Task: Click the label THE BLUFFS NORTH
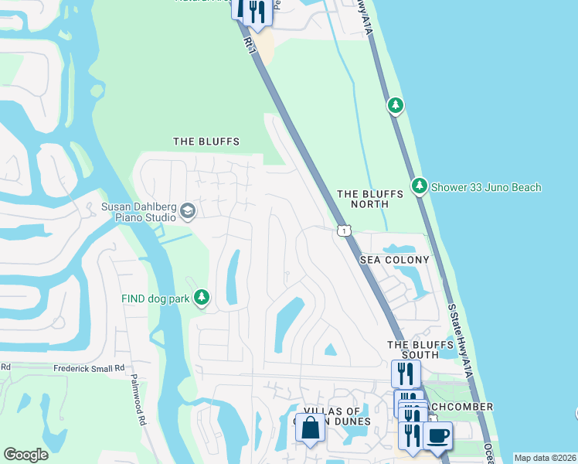(370, 200)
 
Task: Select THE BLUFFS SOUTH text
(413, 350)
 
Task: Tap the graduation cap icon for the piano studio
(187, 210)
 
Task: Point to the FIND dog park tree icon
(201, 297)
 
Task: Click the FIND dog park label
(155, 298)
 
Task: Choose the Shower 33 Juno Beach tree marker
(419, 186)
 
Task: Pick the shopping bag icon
(310, 428)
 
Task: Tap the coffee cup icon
(437, 435)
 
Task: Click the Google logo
(25, 455)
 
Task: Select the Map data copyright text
(545, 458)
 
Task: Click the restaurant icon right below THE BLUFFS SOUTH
(406, 374)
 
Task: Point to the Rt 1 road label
(249, 44)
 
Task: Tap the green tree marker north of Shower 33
(395, 104)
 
